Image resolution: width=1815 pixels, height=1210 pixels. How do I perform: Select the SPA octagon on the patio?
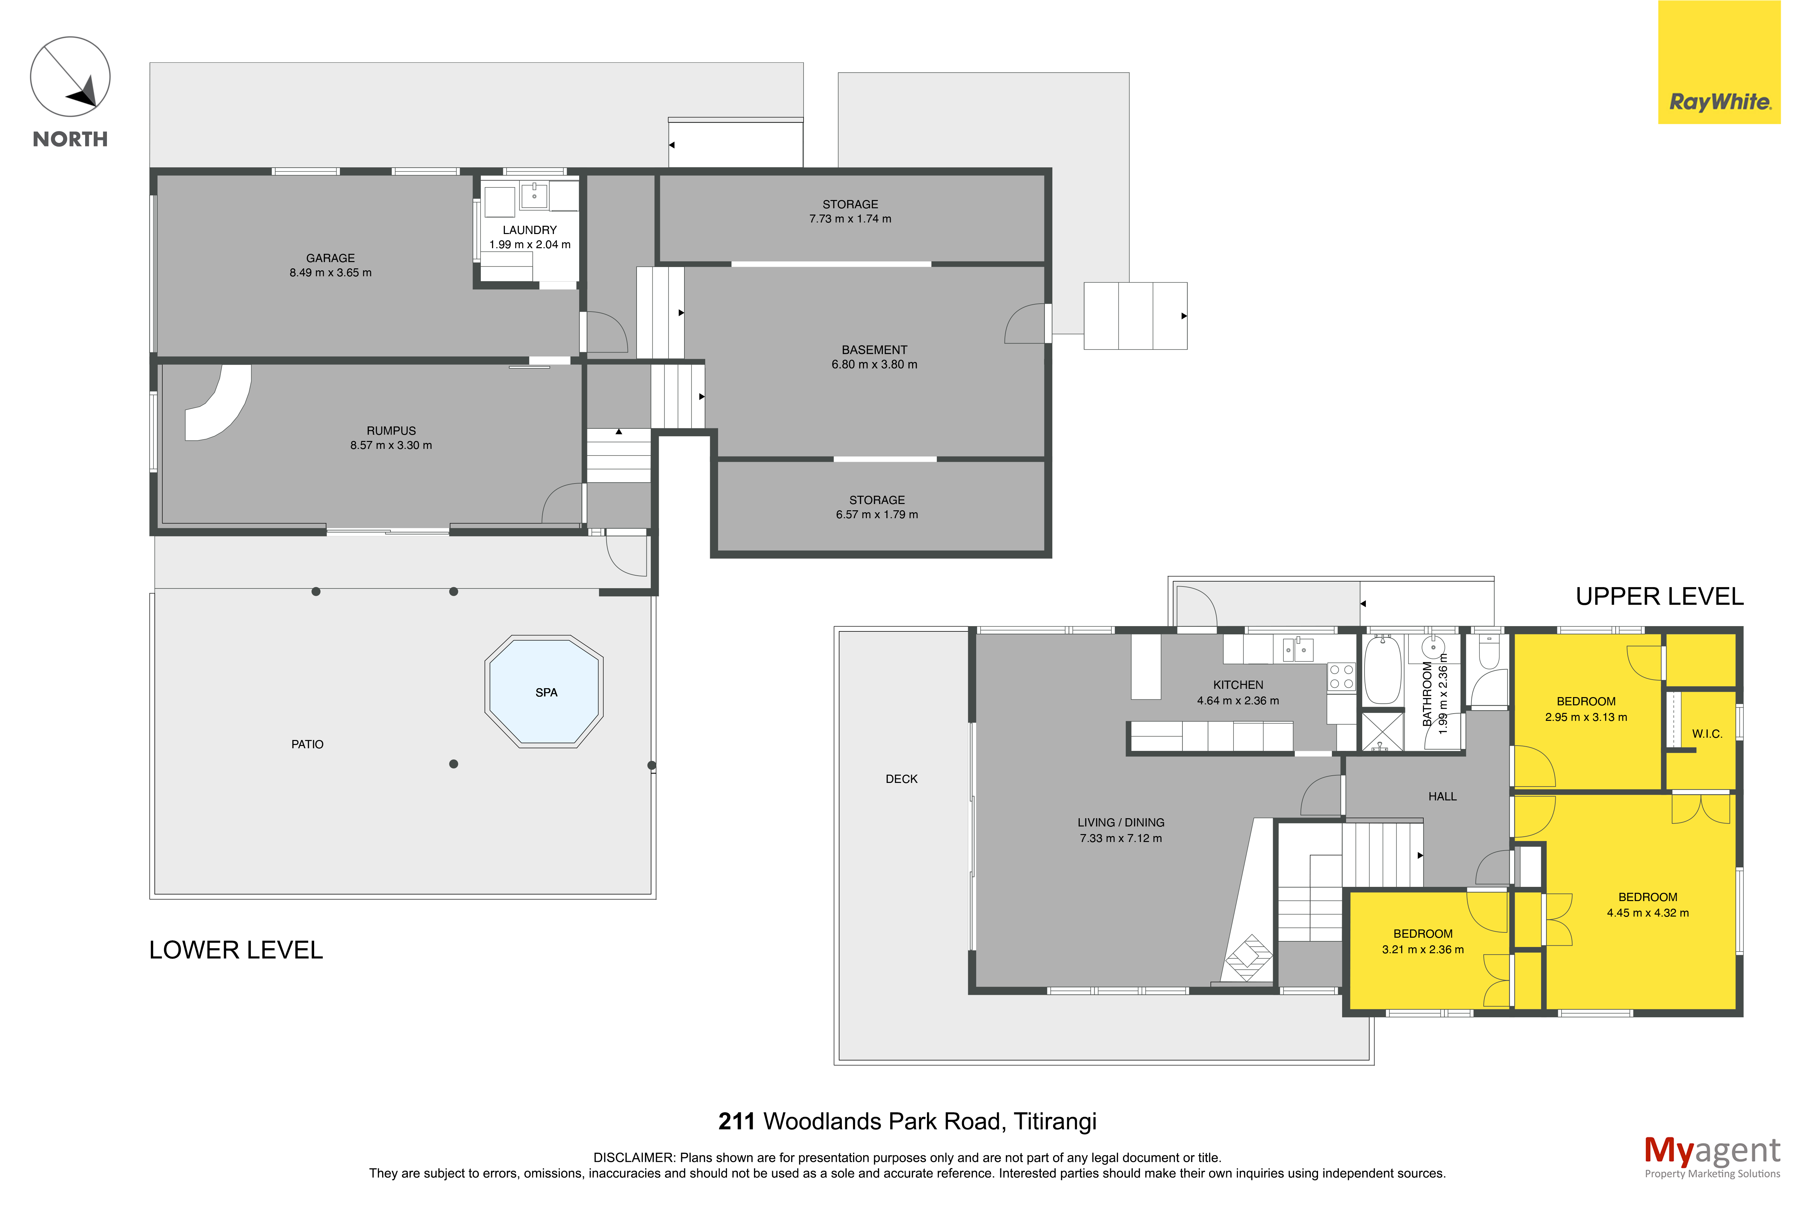point(544,691)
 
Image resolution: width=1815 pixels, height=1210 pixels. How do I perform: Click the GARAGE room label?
point(330,258)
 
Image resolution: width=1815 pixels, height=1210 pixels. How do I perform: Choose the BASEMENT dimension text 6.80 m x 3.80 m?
point(874,364)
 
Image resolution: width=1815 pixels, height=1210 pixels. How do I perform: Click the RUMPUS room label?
point(391,431)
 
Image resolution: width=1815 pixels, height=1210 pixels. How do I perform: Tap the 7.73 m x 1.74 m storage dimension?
point(850,218)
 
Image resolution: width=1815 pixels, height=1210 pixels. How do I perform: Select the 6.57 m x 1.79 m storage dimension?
point(877,514)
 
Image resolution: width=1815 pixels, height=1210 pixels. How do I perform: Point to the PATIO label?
point(307,744)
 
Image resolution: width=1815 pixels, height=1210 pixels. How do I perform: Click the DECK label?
point(901,779)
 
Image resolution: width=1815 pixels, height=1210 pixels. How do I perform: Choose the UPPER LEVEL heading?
point(1659,596)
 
